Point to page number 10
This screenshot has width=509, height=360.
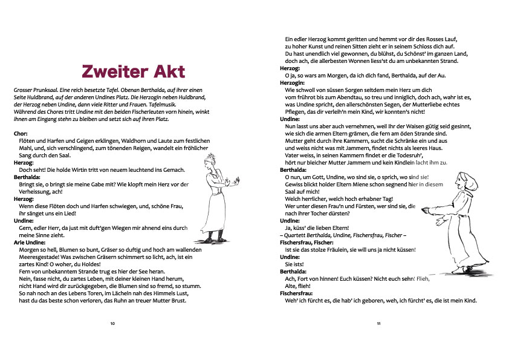click(x=112, y=324)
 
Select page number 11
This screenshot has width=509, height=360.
click(x=378, y=324)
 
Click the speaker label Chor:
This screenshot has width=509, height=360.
click(x=21, y=133)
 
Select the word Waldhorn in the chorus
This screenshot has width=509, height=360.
click(x=134, y=140)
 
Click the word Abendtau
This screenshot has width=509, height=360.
click(x=362, y=96)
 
